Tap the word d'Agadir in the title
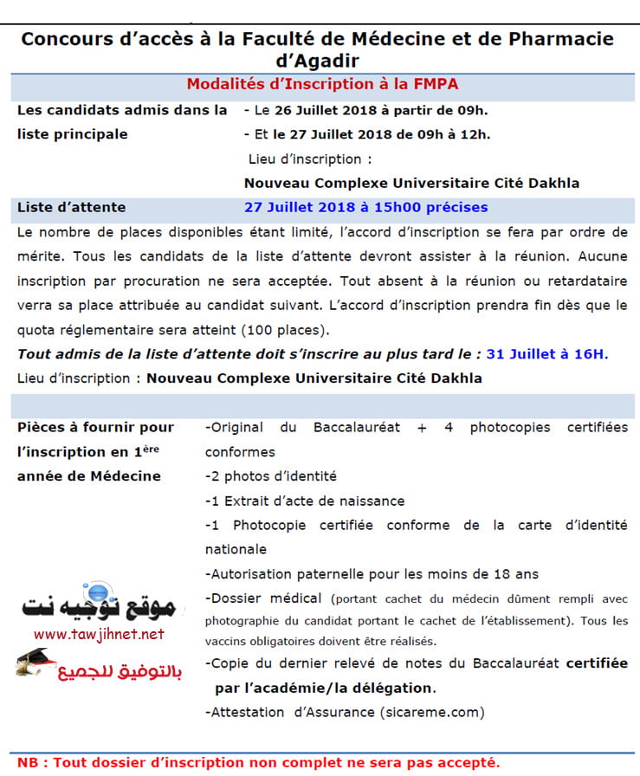pyautogui.click(x=320, y=61)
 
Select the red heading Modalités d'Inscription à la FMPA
pyautogui.click(x=322, y=84)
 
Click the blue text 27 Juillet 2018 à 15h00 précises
pyautogui.click(x=365, y=207)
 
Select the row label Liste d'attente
pyautogui.click(x=71, y=207)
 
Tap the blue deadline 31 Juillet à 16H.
pyautogui.click(x=547, y=353)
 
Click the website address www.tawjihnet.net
pyautogui.click(x=99, y=634)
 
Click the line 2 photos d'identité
pyautogui.click(x=271, y=476)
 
